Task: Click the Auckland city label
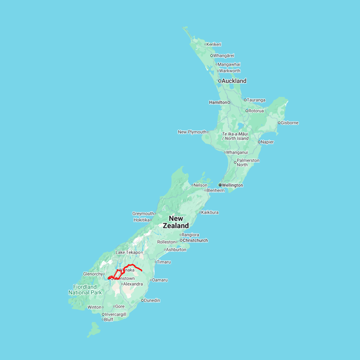tap(234, 81)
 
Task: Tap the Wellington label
tap(232, 185)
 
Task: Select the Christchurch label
tap(195, 240)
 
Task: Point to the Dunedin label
tap(152, 300)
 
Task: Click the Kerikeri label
tap(214, 44)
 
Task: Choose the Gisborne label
tap(290, 123)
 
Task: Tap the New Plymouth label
tap(192, 132)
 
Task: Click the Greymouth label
tap(143, 214)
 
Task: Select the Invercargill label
tap(116, 314)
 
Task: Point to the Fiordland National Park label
tap(85, 290)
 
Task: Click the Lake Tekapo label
tap(128, 252)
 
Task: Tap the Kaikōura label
tap(210, 212)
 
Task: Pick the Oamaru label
tap(160, 280)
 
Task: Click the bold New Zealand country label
tap(176, 222)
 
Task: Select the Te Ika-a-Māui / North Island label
tap(235, 136)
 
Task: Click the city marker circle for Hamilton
tap(229, 102)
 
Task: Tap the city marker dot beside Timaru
tap(156, 262)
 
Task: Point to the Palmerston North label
tap(248, 162)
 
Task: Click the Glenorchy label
tap(93, 274)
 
